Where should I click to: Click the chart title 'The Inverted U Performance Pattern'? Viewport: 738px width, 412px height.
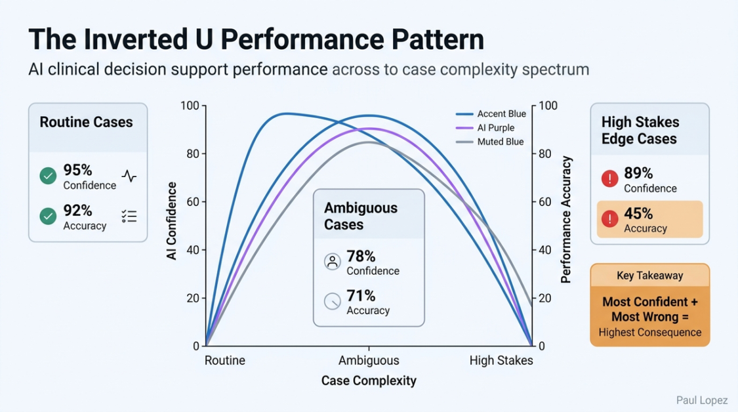(256, 39)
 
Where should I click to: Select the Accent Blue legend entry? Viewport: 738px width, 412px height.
(501, 114)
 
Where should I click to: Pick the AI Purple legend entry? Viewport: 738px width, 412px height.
(495, 128)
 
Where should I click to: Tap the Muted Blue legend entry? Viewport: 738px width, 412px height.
(500, 142)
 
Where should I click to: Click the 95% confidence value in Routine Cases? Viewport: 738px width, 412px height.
(78, 170)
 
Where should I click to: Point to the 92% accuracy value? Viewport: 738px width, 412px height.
(78, 211)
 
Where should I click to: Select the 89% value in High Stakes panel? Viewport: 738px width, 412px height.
(638, 173)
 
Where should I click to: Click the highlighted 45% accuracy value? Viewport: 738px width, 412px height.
(638, 214)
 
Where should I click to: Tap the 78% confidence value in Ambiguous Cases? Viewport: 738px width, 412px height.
(361, 256)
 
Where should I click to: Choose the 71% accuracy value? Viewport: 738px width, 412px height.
(361, 296)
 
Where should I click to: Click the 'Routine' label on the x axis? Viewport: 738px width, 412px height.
(225, 360)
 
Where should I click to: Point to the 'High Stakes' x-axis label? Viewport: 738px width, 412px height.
(501, 360)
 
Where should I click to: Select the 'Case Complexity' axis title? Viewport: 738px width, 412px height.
(369, 381)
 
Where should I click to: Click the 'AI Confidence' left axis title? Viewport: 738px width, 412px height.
(172, 221)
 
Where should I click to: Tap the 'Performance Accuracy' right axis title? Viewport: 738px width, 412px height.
(567, 219)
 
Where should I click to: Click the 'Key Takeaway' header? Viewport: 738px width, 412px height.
(649, 276)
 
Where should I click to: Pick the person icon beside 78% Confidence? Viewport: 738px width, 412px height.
(333, 262)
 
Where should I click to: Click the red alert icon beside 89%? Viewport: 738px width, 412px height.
(609, 178)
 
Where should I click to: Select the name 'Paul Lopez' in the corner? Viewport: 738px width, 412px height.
(702, 400)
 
